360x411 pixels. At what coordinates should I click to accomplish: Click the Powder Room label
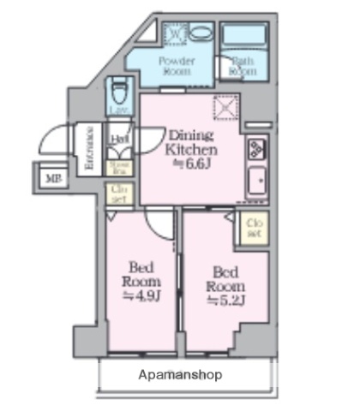click(x=177, y=66)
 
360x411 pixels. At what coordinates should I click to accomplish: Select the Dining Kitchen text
click(x=187, y=141)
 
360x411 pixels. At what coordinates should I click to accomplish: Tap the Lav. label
click(x=119, y=110)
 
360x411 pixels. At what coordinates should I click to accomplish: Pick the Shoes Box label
click(x=119, y=167)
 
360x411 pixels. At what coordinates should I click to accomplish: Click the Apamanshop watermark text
click(x=180, y=375)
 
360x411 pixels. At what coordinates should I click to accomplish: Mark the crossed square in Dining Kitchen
click(x=225, y=108)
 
